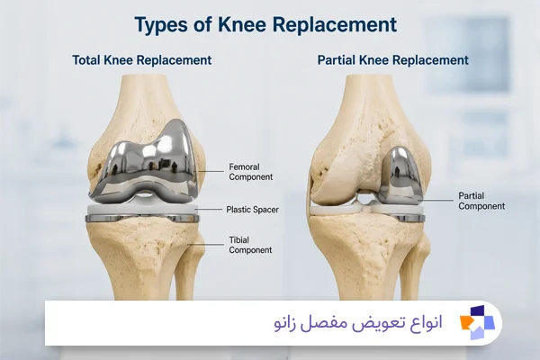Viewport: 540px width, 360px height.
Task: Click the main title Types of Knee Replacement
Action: point(265,25)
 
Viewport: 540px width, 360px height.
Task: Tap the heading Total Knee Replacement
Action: point(142,60)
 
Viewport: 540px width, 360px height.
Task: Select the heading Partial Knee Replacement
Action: point(393,60)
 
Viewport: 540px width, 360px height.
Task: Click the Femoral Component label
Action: point(251,172)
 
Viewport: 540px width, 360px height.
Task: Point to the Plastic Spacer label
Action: point(252,210)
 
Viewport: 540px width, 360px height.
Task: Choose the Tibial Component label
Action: point(250,245)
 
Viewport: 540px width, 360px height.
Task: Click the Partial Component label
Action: point(481,202)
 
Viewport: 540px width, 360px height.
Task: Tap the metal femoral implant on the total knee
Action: point(143,165)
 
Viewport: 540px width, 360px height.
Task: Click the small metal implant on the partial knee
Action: point(400,175)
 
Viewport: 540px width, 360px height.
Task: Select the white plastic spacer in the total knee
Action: point(142,210)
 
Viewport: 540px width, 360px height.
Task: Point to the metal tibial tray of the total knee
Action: point(142,219)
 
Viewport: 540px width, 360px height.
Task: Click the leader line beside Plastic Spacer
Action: point(210,209)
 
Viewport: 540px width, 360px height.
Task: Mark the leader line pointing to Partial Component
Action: point(436,200)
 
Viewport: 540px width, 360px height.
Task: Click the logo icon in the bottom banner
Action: point(477,323)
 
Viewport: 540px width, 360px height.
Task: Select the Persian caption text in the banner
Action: point(358,323)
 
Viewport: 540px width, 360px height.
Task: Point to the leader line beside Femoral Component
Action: point(209,171)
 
